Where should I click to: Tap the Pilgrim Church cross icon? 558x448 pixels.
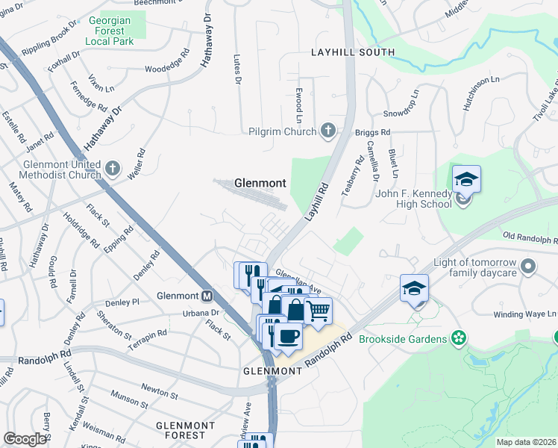327,131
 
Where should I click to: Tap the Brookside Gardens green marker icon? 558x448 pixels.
460,339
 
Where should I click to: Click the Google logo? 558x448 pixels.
25,439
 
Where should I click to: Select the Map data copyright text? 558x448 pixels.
526,441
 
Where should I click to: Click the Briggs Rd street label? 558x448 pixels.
373,132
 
